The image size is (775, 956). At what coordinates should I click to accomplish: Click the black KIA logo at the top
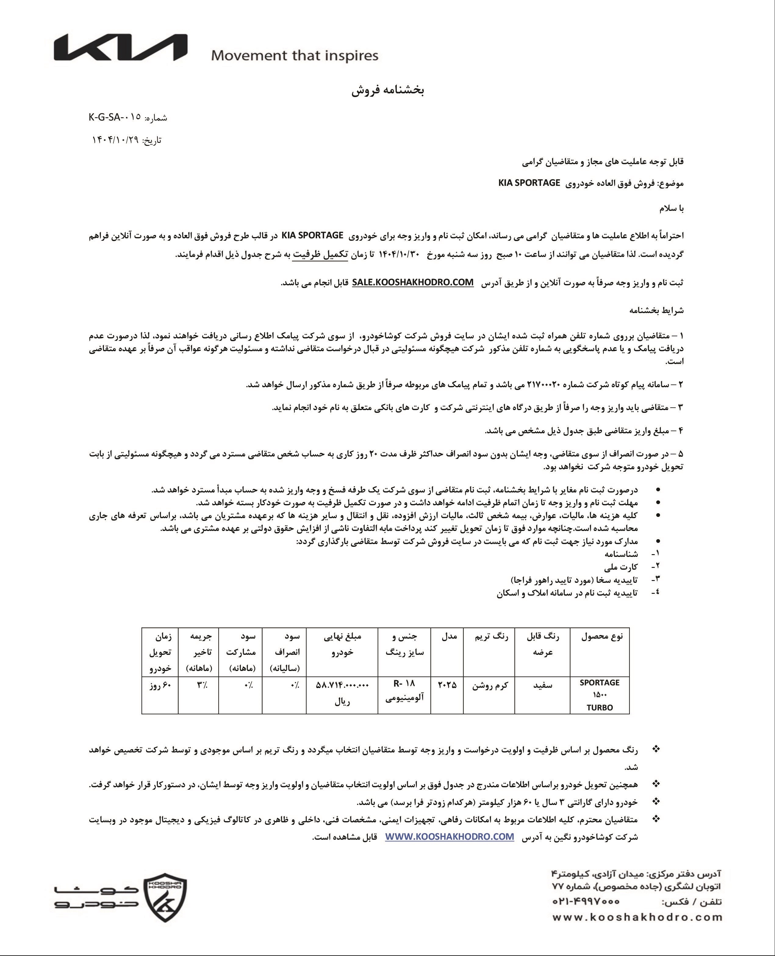pos(120,48)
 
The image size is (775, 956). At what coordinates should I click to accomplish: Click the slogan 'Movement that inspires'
pos(295,56)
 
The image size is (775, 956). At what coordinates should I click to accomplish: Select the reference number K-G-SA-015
pos(115,117)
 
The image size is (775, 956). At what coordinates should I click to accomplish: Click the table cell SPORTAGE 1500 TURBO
pos(600,695)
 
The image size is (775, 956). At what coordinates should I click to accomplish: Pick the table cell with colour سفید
pos(543,685)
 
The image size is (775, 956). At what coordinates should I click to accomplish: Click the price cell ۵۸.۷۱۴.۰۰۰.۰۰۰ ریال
pos(343,692)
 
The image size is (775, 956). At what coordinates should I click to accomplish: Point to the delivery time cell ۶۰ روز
pos(160,685)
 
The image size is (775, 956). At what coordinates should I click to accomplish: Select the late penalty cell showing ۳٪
pos(199,685)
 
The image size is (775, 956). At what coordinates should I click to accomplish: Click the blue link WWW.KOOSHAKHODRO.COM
pos(450,837)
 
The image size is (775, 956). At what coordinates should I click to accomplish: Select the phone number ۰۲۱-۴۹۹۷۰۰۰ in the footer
pos(586,901)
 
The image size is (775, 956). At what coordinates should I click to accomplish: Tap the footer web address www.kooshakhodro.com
pos(637,917)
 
